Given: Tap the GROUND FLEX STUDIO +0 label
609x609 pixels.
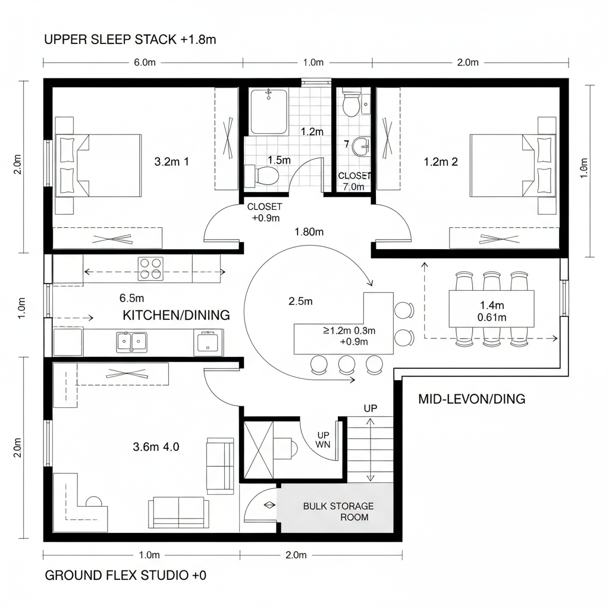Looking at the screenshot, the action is (x=125, y=576).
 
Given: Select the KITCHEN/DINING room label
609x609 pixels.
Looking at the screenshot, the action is (x=176, y=315).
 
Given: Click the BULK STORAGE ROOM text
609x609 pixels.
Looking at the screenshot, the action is (x=338, y=511).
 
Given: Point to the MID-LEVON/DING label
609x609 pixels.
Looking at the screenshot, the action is (x=472, y=398).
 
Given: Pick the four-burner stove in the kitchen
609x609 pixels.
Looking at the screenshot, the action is (x=150, y=268).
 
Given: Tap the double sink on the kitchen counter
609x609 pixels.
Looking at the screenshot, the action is (x=131, y=341).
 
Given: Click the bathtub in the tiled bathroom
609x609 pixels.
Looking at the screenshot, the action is (x=269, y=112).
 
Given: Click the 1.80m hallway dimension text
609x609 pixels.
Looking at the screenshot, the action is (x=309, y=232).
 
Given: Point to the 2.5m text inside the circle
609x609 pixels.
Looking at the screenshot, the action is (x=300, y=302).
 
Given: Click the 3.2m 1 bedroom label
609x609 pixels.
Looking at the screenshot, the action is (x=171, y=161).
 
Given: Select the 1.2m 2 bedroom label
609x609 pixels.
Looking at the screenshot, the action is (x=441, y=161).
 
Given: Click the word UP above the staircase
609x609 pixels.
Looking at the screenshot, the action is (x=371, y=409).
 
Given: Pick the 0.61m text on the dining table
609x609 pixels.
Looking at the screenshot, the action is (x=492, y=317).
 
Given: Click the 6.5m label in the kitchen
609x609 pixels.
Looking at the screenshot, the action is (x=131, y=297).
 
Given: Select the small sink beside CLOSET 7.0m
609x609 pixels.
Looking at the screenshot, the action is (x=360, y=146).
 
